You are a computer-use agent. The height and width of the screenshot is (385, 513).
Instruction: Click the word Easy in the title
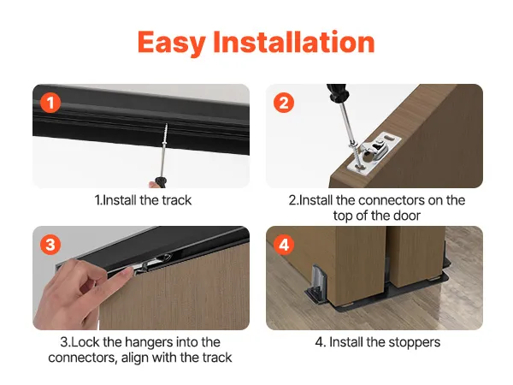(172, 43)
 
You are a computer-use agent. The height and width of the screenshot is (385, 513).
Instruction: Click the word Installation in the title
(294, 42)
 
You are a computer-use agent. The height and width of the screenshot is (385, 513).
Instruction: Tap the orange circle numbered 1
(50, 103)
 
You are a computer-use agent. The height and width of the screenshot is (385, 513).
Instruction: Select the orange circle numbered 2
(284, 103)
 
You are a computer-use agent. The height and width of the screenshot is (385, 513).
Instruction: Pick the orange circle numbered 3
(50, 245)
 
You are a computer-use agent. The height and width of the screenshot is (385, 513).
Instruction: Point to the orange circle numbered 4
(284, 245)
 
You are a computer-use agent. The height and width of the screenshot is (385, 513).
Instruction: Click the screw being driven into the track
(165, 134)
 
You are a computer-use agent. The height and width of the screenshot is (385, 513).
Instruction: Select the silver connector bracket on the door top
(374, 152)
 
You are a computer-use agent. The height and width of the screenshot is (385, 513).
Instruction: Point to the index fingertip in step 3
(128, 271)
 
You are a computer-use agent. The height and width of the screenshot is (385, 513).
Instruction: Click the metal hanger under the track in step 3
(154, 262)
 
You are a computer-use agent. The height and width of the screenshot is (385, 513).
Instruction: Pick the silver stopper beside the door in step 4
(317, 281)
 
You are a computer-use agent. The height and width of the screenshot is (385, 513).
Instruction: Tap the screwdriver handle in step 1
(161, 182)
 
